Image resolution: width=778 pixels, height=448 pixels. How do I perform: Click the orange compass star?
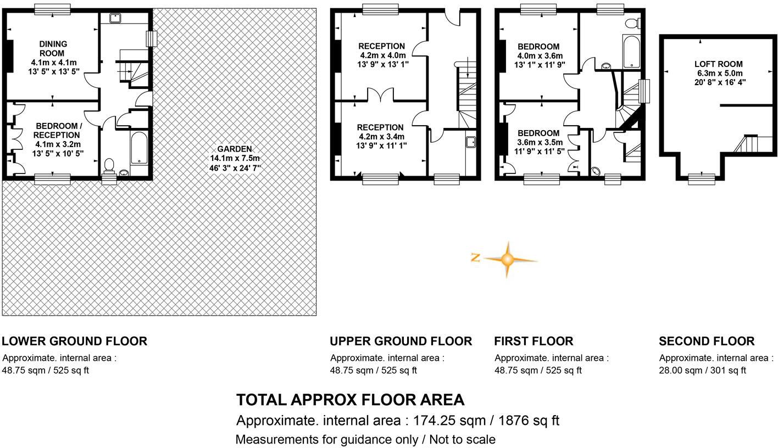[507, 259]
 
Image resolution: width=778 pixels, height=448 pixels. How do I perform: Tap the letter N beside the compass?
[476, 257]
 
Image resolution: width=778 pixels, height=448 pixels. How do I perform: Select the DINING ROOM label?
[53, 48]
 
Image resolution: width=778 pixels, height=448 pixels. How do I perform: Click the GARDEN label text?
[234, 149]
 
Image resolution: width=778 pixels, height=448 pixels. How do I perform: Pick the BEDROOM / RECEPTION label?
[57, 131]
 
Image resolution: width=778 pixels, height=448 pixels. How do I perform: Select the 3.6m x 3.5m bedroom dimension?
[539, 142]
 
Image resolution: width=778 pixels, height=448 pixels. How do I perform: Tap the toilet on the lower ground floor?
[109, 165]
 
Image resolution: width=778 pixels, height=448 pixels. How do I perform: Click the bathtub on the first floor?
[631, 51]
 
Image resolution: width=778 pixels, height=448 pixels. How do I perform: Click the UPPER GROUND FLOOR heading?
[401, 341]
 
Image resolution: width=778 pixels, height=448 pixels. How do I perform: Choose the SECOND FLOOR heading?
[707, 341]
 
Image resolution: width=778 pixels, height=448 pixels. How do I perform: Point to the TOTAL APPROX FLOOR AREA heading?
[350, 400]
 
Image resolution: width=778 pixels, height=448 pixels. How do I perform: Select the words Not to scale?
[462, 440]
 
